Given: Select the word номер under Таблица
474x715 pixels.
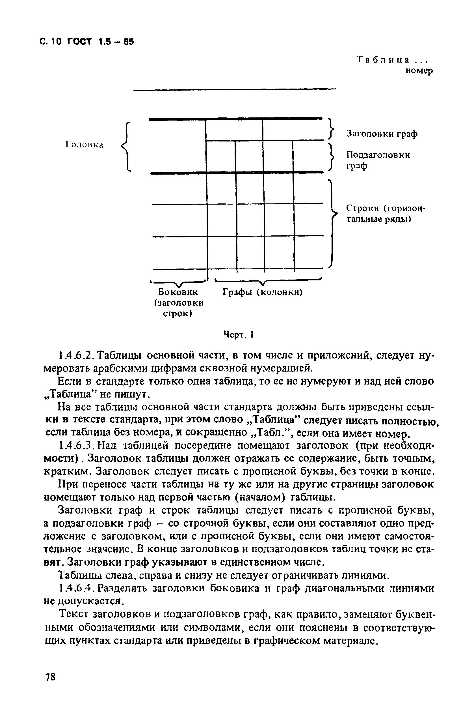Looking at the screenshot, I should point(419,71).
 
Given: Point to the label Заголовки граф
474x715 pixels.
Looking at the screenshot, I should point(382,134).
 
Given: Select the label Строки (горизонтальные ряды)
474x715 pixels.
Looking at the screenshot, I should point(386,214).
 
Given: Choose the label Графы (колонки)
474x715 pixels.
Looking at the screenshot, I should point(263,292).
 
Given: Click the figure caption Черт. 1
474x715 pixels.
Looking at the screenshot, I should point(238,334).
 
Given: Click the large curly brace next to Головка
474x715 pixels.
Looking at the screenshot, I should point(125,147).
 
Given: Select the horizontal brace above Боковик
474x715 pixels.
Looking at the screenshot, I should point(179,283).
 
